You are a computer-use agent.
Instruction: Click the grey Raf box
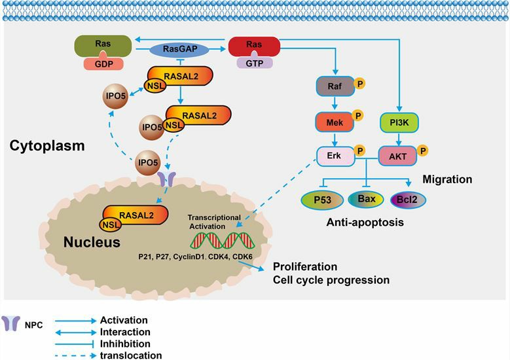coord(335,86)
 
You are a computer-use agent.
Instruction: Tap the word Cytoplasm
coord(47,145)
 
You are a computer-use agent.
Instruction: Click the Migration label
coord(447,179)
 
